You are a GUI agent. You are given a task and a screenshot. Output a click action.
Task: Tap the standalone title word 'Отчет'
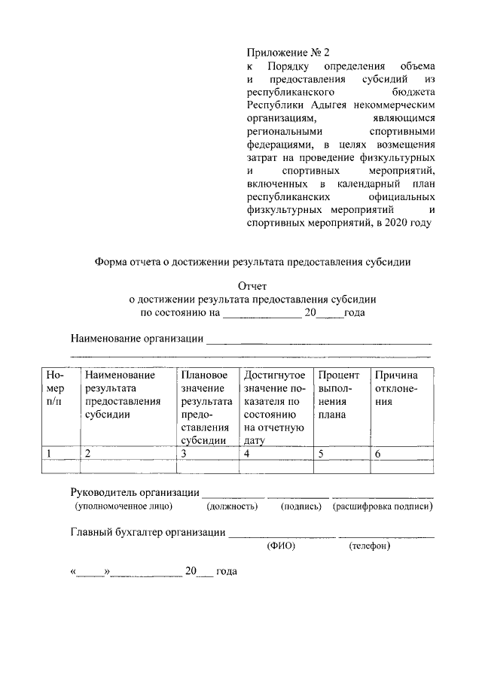point(252,286)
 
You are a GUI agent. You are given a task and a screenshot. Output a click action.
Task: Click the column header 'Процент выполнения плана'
point(340,394)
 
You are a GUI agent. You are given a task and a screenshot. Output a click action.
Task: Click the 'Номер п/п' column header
point(59,388)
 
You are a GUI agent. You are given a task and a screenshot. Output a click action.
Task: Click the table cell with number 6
point(402,453)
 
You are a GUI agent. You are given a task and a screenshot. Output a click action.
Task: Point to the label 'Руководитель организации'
point(135,493)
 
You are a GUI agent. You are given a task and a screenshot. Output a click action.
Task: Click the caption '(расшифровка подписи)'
point(382,507)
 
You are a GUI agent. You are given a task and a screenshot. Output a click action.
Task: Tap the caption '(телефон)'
point(369,546)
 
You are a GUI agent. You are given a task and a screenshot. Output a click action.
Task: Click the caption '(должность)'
point(232,507)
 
